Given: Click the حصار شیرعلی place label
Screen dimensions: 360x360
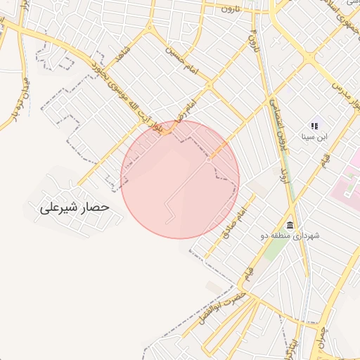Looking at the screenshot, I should (x=75, y=207).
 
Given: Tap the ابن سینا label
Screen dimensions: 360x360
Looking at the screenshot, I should (x=314, y=137).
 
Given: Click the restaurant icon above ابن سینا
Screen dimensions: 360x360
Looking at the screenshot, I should (x=314, y=126).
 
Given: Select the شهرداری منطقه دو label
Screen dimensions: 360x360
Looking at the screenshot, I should (x=293, y=235).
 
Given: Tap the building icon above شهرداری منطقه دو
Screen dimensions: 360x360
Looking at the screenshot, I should (x=290, y=222).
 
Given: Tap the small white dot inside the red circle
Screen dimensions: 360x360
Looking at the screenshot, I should (x=208, y=160).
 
